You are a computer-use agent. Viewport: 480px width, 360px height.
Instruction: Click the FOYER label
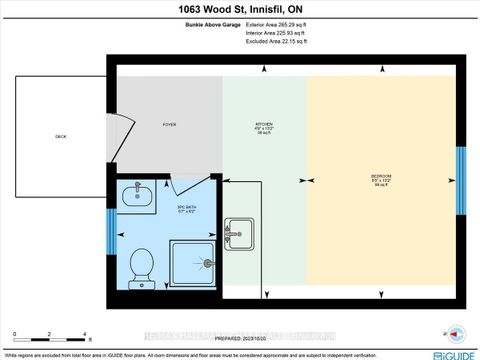click(170, 125)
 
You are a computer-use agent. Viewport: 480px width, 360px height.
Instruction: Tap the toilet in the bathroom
click(142, 266)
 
